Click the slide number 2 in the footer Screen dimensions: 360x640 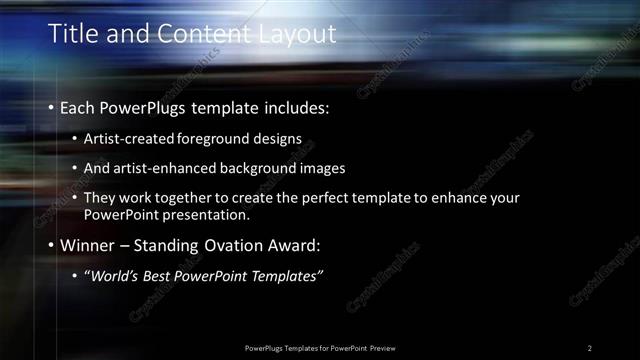tap(590, 347)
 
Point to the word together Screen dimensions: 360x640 tap(194, 198)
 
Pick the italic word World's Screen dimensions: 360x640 tap(117, 275)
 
